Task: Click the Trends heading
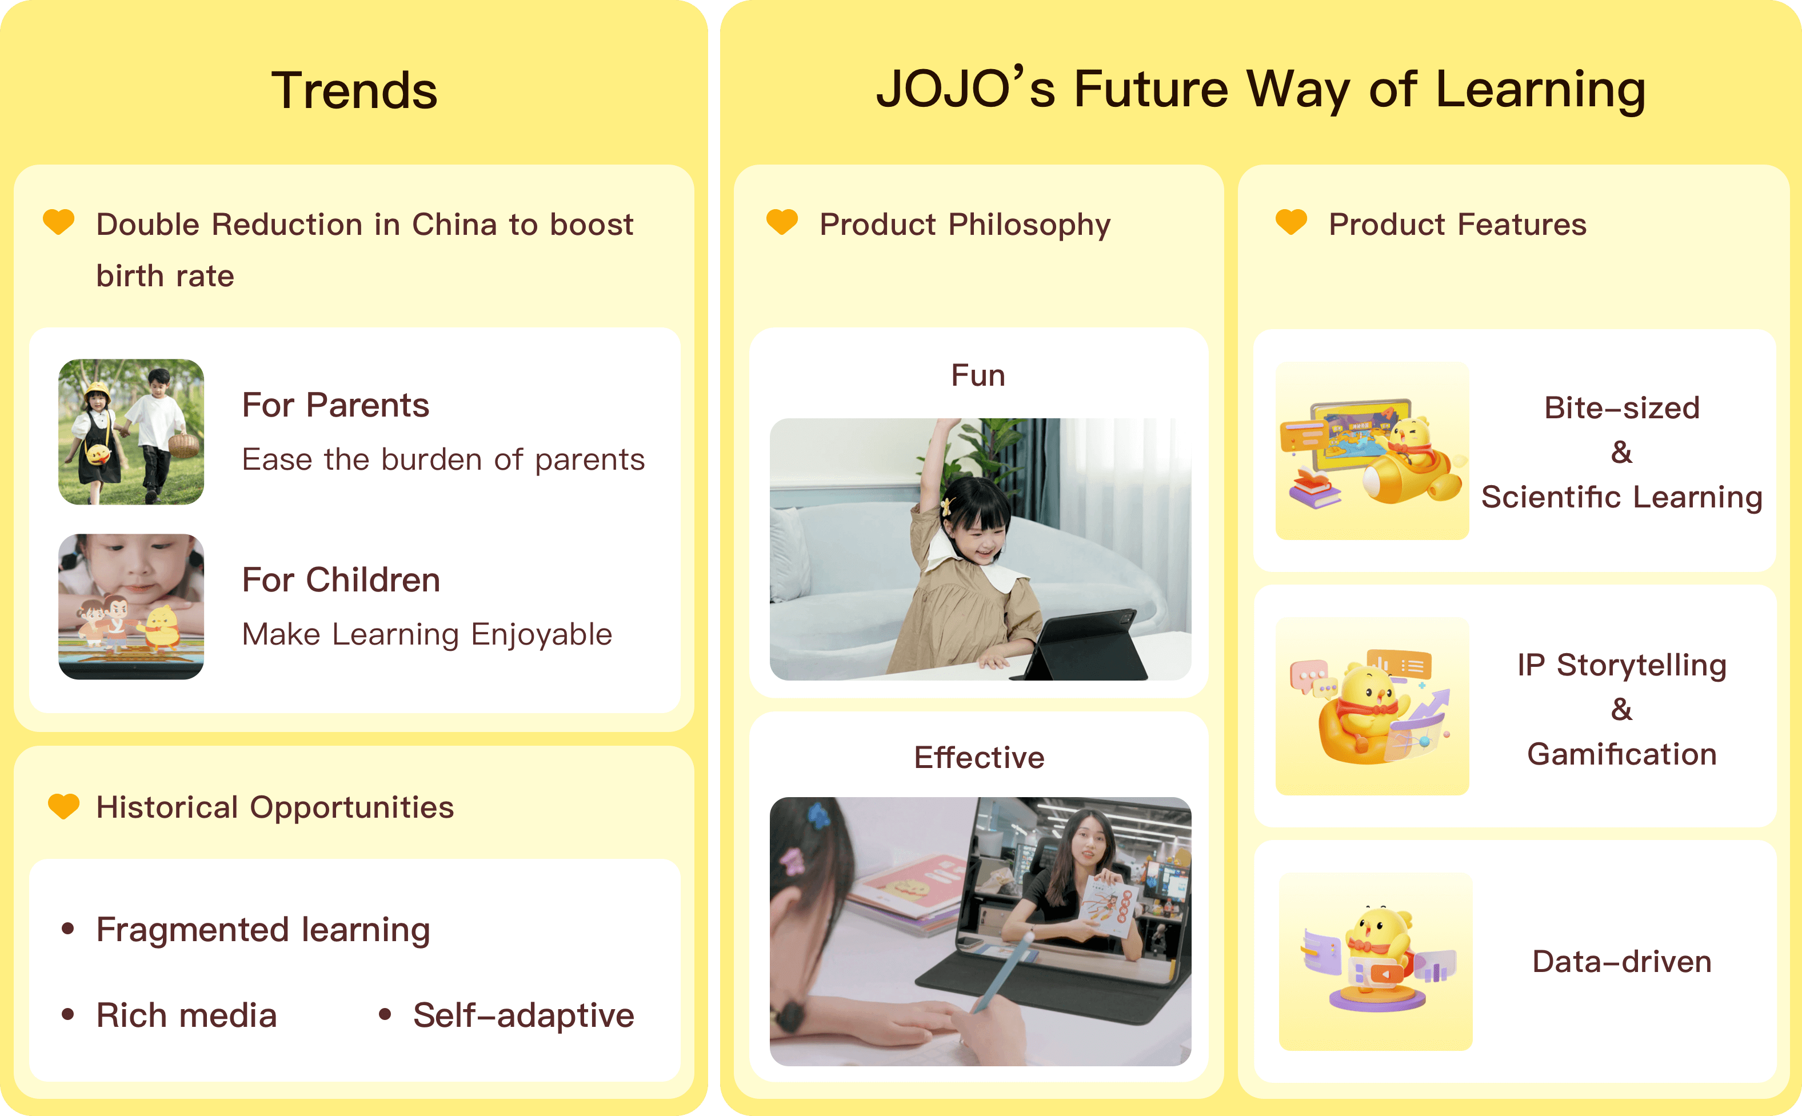point(354,90)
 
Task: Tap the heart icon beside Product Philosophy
point(782,222)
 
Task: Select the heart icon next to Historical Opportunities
point(63,806)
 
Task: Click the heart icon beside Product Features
point(1291,222)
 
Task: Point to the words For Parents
point(336,405)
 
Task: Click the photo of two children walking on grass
point(131,432)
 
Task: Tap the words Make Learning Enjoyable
point(427,635)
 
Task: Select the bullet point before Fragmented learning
point(68,929)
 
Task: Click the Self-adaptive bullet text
point(524,1015)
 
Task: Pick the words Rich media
point(187,1015)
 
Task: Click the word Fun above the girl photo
point(978,375)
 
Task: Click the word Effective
point(979,757)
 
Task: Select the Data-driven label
point(1622,961)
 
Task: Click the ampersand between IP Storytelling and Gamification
point(1622,709)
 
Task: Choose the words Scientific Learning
point(1622,497)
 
